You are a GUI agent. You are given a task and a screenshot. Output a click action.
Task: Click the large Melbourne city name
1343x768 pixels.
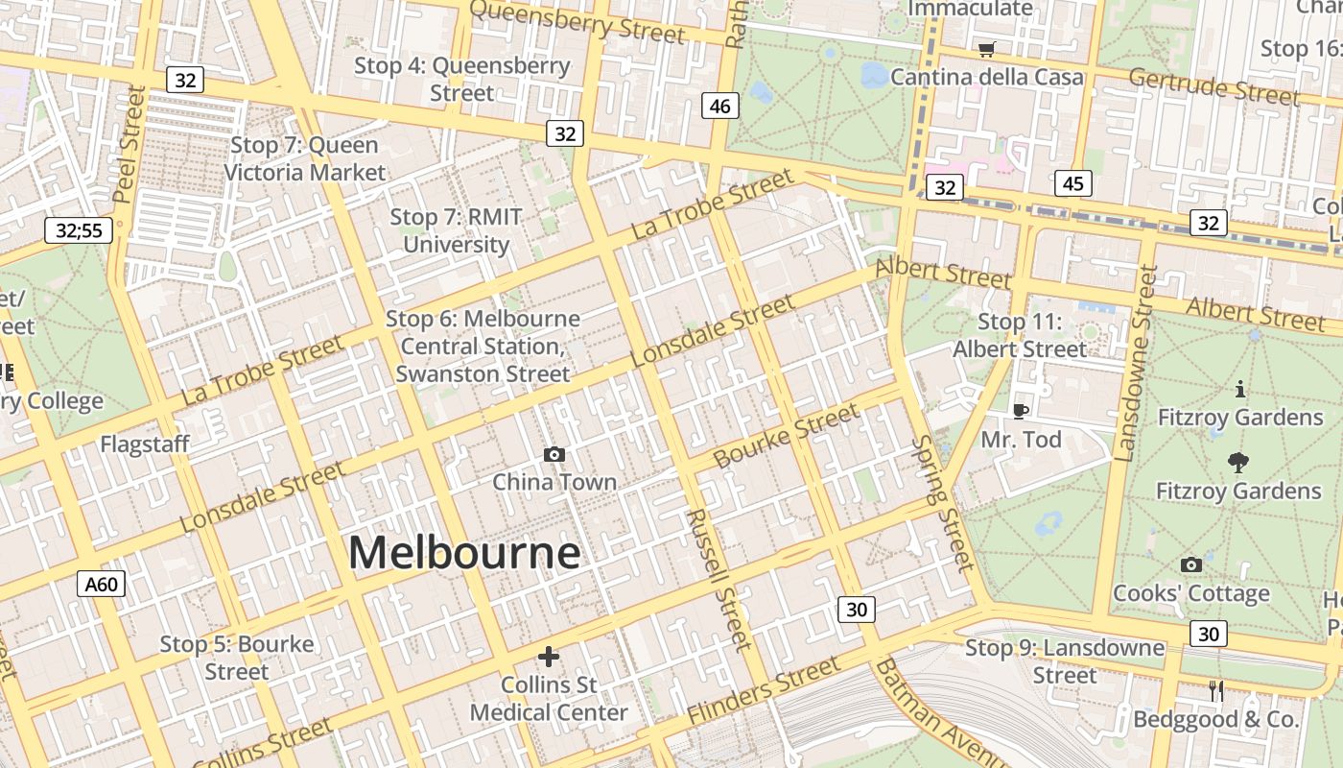point(464,553)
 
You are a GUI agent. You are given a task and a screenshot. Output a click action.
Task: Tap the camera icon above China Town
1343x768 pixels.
point(554,454)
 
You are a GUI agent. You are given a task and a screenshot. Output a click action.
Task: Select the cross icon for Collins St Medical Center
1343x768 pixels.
point(548,657)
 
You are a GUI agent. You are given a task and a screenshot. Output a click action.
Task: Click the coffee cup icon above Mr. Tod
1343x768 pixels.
point(1021,411)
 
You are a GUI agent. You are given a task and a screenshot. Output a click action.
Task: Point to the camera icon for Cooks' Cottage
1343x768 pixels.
point(1190,564)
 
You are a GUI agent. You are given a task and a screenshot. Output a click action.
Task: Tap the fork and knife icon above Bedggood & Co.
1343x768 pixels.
point(1215,690)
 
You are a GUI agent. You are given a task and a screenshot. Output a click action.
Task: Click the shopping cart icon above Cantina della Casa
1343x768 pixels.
point(986,49)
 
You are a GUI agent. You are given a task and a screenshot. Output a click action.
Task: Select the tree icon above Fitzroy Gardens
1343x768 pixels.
point(1238,463)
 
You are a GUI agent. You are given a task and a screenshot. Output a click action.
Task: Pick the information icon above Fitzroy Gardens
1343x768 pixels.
point(1240,389)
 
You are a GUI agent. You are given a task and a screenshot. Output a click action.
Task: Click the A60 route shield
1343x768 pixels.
point(101,584)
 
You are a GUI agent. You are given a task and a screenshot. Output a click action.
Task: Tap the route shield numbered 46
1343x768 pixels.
point(720,106)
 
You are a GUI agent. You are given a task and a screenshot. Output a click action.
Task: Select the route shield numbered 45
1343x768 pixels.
point(1072,183)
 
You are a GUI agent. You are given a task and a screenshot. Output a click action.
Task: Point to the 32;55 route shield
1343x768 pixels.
point(79,230)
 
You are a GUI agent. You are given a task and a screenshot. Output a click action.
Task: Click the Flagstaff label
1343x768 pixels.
point(145,444)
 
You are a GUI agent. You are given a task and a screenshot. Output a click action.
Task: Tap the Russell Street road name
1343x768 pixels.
point(717,579)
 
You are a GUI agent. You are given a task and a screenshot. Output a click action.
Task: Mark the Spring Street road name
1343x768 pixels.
point(943,503)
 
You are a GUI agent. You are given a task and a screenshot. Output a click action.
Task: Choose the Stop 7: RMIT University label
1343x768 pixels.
point(456,230)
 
